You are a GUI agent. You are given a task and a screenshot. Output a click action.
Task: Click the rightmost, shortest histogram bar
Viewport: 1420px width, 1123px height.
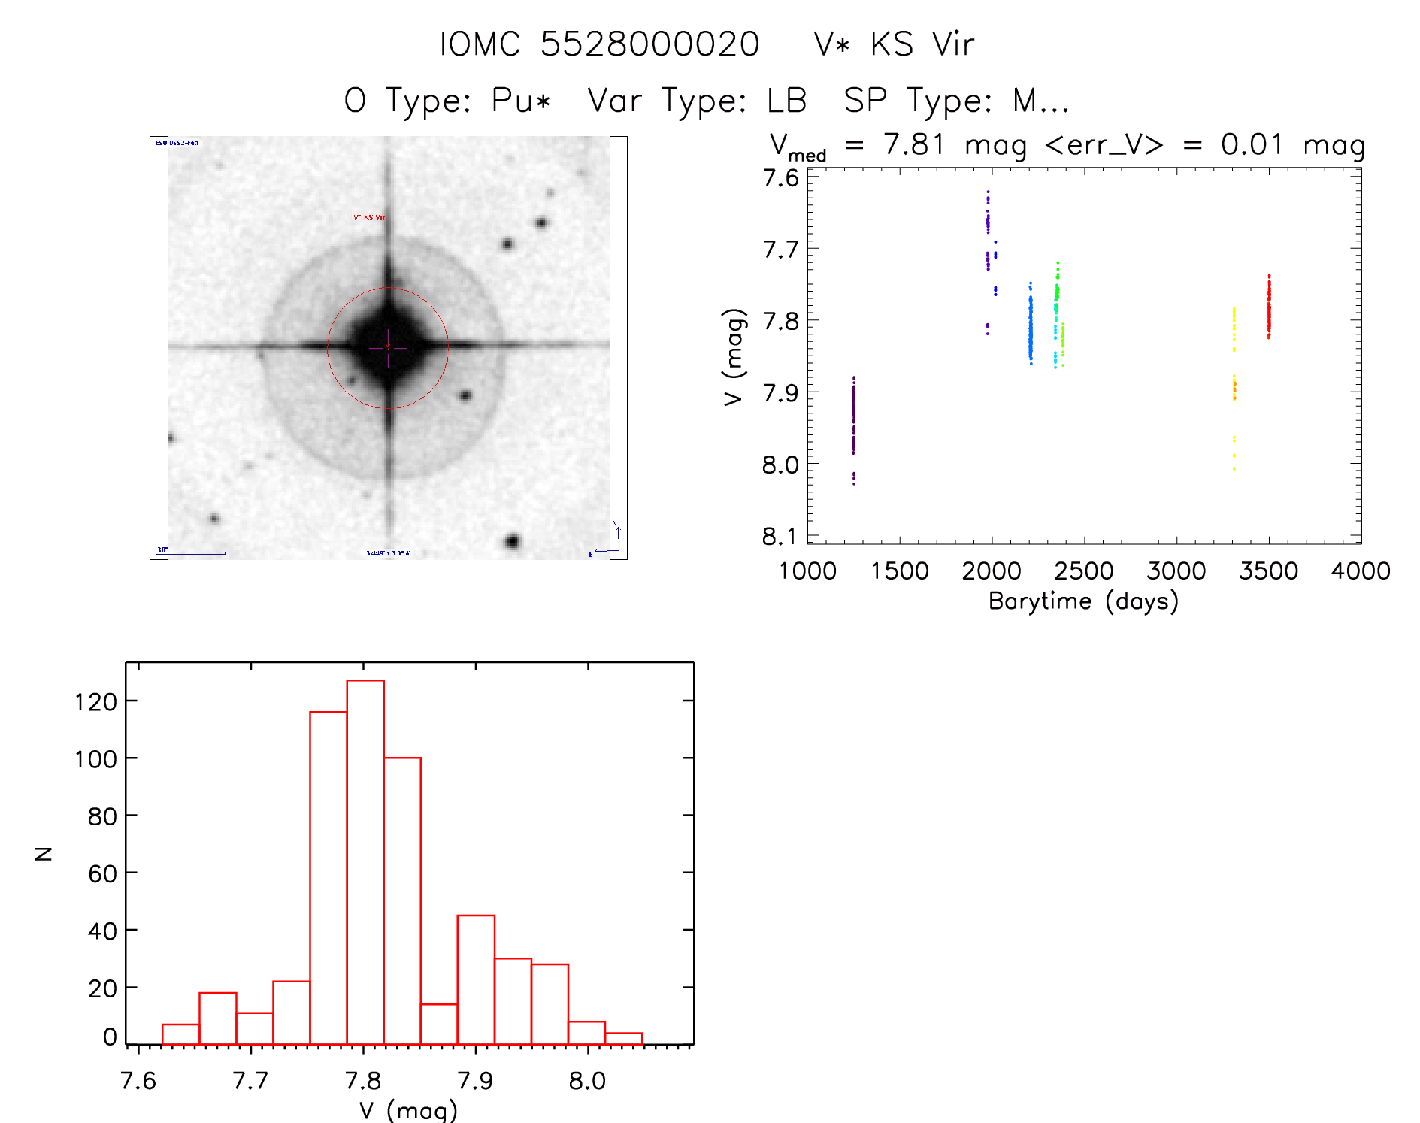(623, 1038)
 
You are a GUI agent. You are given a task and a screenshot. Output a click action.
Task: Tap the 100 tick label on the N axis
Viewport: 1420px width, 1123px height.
(95, 759)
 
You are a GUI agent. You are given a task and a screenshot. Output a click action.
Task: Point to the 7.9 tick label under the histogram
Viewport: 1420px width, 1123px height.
(475, 1081)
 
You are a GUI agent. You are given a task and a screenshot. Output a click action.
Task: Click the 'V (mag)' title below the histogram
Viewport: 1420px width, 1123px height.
(408, 1110)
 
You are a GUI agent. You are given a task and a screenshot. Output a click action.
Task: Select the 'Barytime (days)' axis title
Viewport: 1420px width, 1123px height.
(1083, 601)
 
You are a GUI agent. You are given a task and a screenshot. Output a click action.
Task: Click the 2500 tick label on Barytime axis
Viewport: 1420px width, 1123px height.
(1083, 571)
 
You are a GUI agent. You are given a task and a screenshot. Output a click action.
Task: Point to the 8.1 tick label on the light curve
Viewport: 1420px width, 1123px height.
(780, 537)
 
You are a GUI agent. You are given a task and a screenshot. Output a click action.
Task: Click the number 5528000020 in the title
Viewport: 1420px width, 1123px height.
(649, 44)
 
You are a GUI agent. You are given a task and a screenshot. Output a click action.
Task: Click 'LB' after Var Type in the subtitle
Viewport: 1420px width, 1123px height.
(786, 101)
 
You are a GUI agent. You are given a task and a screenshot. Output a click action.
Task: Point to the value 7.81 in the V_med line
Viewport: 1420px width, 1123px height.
(913, 144)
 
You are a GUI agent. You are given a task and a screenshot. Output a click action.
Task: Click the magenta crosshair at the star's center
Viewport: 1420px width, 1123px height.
(388, 347)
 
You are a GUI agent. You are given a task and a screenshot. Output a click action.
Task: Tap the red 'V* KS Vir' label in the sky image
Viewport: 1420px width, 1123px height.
(369, 218)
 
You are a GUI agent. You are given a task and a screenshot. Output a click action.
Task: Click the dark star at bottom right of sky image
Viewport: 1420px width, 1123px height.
(513, 541)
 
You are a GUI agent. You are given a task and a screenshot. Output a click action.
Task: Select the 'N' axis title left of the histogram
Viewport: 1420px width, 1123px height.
(44, 853)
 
